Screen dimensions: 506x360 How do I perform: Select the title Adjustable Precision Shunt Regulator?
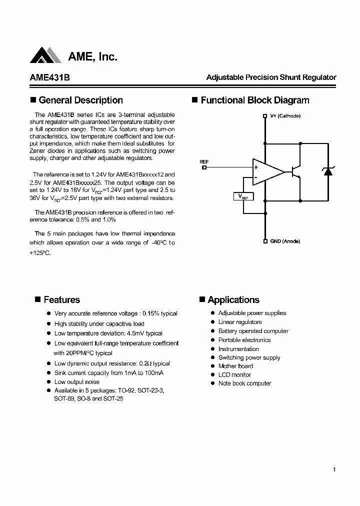(271, 77)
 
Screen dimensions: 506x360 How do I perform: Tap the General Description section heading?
(80, 100)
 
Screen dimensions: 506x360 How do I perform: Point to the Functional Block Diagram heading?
(254, 100)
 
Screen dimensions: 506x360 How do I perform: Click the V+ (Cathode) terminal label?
(285, 115)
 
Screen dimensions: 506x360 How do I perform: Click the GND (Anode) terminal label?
(285, 241)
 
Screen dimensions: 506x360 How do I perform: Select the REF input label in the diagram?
(204, 162)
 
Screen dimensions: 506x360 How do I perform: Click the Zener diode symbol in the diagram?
(328, 171)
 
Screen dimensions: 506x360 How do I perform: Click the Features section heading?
(61, 300)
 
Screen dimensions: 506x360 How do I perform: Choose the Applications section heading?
(233, 300)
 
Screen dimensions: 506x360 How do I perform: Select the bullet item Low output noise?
(76, 382)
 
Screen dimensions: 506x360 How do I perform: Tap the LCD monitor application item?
(234, 374)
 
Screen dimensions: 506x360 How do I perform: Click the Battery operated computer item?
(253, 331)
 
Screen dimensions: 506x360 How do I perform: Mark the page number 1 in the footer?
(333, 469)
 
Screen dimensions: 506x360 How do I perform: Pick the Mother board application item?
(235, 366)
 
